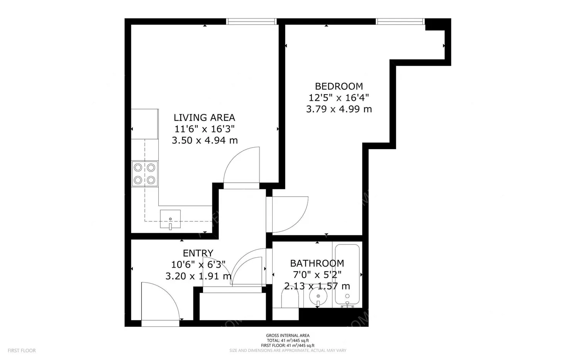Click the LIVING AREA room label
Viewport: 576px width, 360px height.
click(x=204, y=118)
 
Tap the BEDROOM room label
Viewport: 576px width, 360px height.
click(x=339, y=87)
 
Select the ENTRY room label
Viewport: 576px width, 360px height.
click(x=198, y=253)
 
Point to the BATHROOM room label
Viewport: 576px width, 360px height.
click(x=317, y=263)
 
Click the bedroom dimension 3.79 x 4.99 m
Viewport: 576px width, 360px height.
click(x=339, y=109)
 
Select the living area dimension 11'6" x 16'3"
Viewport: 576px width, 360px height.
click(x=204, y=129)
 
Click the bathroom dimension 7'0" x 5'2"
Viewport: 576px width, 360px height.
click(x=317, y=275)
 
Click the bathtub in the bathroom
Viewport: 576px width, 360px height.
click(x=347, y=275)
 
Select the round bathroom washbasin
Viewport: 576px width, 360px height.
click(x=318, y=296)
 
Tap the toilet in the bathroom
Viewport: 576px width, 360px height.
click(x=290, y=299)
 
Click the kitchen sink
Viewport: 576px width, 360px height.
click(x=170, y=219)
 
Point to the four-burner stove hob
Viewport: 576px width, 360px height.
click(x=145, y=174)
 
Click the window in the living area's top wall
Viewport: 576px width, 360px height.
click(x=251, y=22)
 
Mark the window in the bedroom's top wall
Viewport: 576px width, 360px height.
click(x=400, y=22)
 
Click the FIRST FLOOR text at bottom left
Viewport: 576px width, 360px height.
click(x=22, y=351)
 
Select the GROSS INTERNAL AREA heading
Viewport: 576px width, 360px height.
click(x=288, y=336)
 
